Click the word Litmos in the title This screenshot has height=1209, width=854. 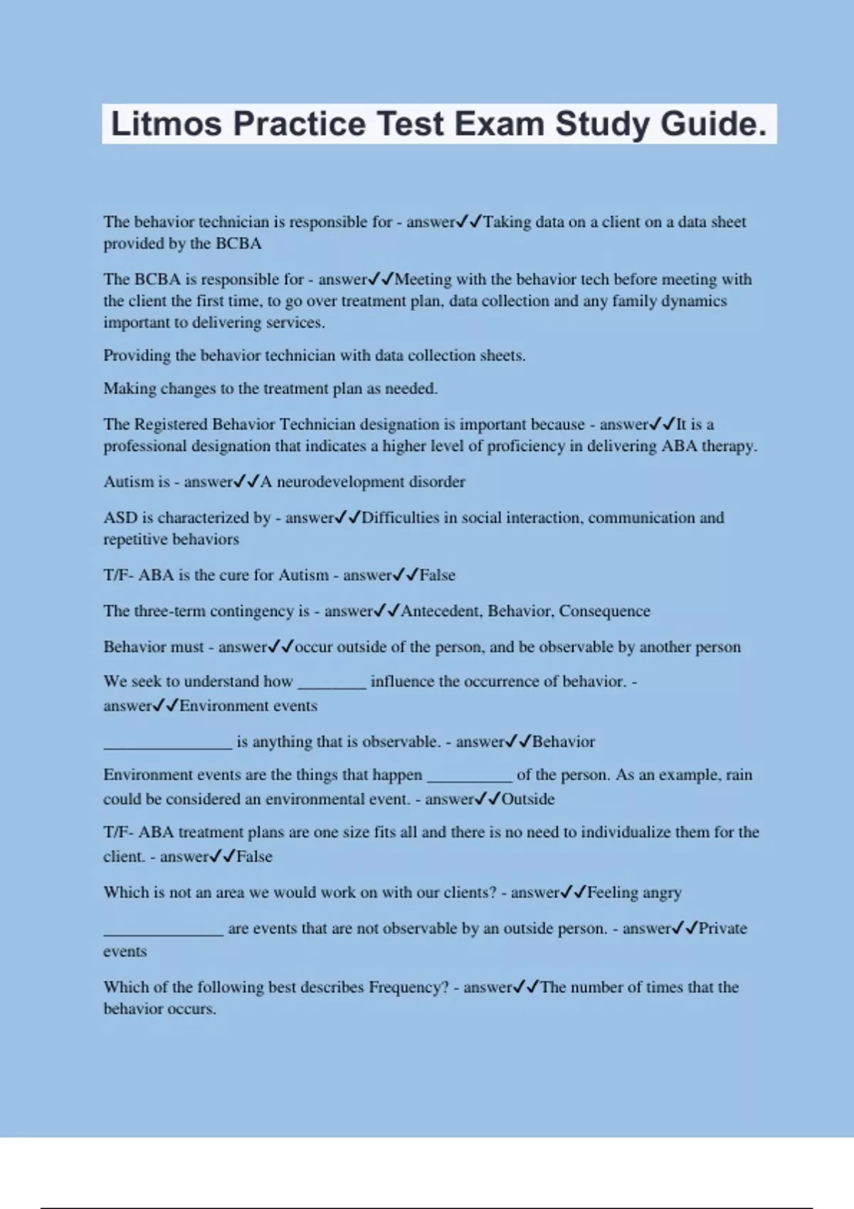[167, 124]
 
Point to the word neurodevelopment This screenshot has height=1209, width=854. [330, 482]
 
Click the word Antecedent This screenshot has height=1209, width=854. [441, 611]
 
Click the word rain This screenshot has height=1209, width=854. [739, 774]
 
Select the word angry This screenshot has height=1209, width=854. [662, 893]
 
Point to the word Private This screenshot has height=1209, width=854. [722, 928]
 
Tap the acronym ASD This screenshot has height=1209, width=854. [120, 518]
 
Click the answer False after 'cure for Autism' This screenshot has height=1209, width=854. [437, 575]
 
